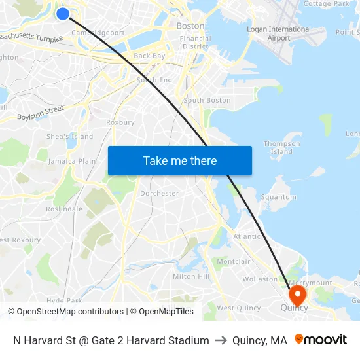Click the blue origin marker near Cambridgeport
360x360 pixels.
coord(63,13)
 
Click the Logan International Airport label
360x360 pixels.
coord(279,33)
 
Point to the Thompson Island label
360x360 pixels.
coord(281,147)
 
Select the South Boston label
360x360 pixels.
coord(207,100)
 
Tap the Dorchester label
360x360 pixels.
coord(159,193)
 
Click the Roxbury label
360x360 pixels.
coord(120,122)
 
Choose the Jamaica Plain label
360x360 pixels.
coord(72,161)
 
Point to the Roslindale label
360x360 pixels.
coord(64,209)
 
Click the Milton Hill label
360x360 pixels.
coord(191,276)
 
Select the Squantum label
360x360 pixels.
coord(279,197)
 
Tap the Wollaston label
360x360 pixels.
coord(260,279)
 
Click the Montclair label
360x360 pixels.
coord(234,261)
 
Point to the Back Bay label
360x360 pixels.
coord(149,56)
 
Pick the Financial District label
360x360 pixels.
coord(195,43)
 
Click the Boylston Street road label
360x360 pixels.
coord(40,113)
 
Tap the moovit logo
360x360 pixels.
coord(321,340)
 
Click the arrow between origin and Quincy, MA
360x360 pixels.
coord(221,340)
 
